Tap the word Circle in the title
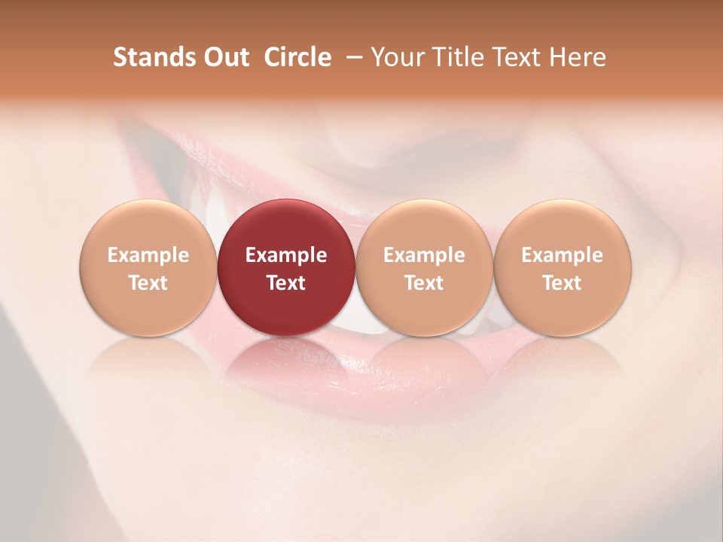click(x=297, y=57)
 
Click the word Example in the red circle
click(x=286, y=255)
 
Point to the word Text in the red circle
click(x=286, y=283)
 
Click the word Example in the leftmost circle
click(x=148, y=255)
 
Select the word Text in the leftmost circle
click(x=148, y=283)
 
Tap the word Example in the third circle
click(x=424, y=255)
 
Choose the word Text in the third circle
click(x=424, y=283)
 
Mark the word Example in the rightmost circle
click(x=563, y=255)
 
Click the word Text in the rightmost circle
click(x=563, y=283)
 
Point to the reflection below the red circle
click(x=286, y=361)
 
